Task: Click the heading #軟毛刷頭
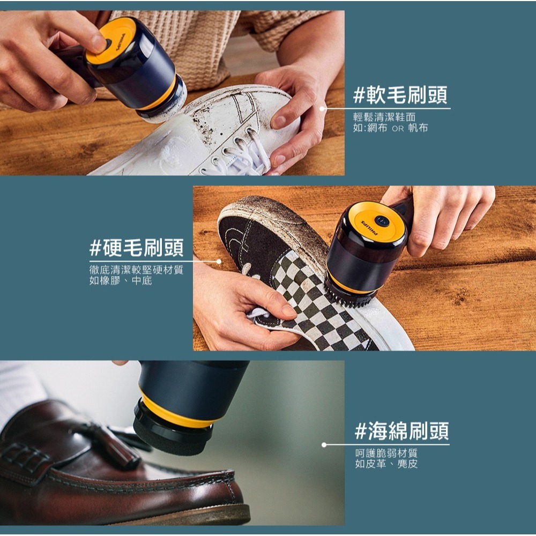400,95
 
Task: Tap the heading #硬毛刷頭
136,248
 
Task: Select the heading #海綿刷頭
402,431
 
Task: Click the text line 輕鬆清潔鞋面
384,117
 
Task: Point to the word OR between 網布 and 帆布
398,129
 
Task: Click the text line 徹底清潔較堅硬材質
136,270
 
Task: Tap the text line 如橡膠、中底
121,281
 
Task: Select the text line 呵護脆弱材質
386,453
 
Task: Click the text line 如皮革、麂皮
386,464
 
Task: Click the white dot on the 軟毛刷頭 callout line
322,109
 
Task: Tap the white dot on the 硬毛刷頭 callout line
219,262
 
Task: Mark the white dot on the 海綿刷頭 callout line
324,445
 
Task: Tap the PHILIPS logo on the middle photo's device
369,228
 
